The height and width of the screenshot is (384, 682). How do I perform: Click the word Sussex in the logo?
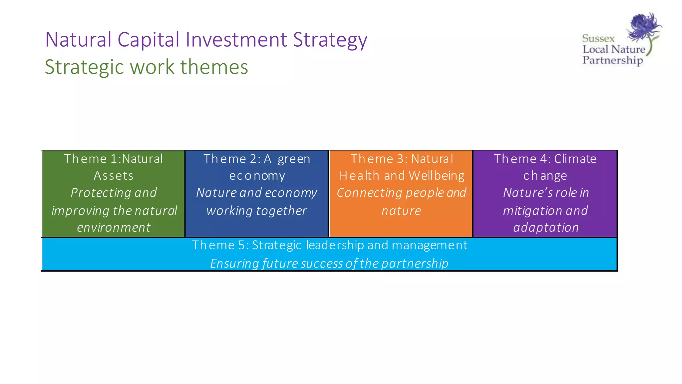[x=598, y=39]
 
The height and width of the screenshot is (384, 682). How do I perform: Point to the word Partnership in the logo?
[x=612, y=60]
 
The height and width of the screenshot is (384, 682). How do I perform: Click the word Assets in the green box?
[x=114, y=176]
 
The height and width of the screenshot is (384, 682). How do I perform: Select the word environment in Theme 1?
[x=114, y=228]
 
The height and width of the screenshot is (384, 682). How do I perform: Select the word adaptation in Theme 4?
[x=546, y=228]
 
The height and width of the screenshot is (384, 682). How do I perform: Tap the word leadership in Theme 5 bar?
[x=335, y=245]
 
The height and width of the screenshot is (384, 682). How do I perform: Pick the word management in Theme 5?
[x=430, y=245]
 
